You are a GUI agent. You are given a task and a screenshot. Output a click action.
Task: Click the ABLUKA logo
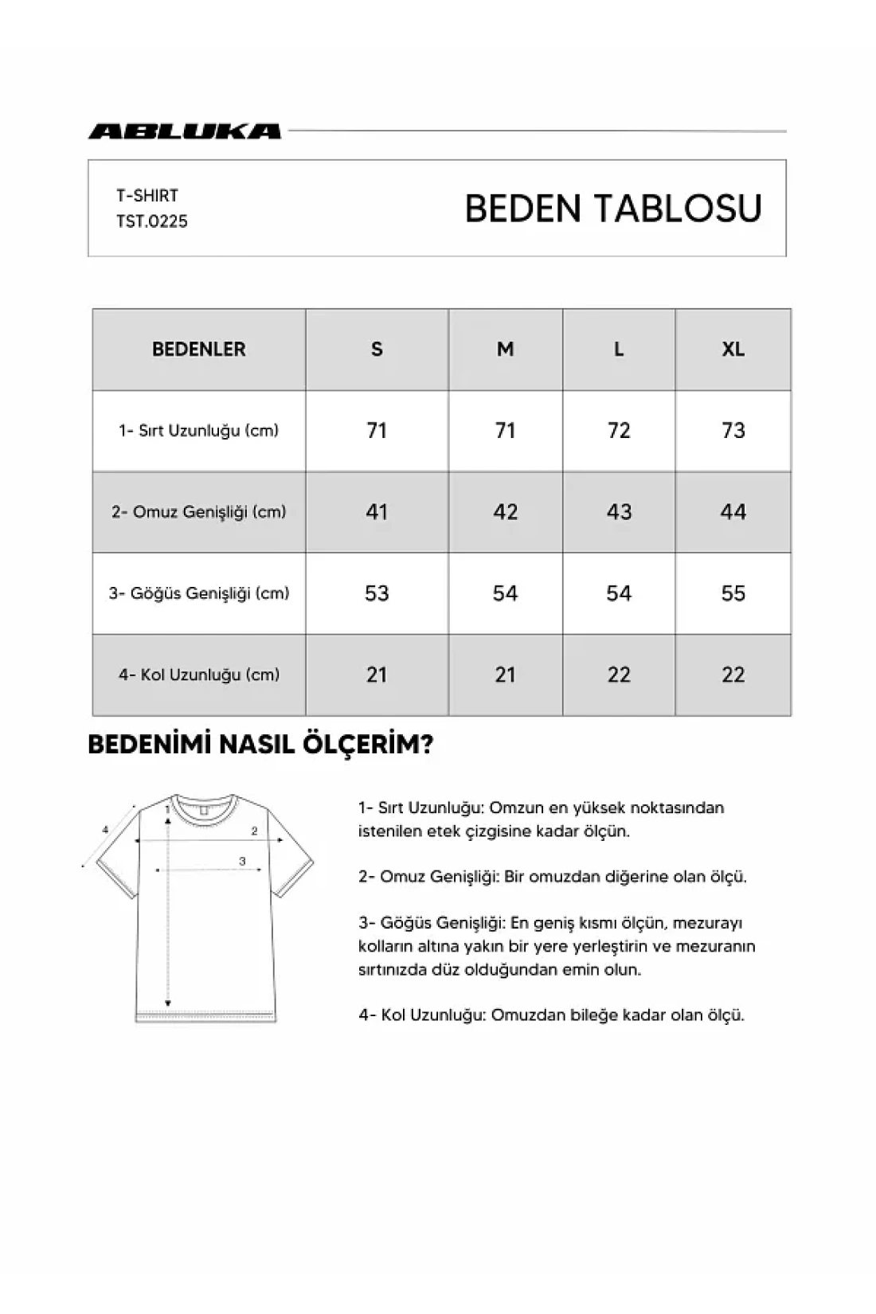click(185, 131)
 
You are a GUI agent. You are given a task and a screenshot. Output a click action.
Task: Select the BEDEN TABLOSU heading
click(613, 209)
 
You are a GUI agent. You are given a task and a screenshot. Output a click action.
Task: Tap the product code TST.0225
click(152, 221)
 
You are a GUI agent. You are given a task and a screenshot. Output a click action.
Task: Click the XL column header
click(733, 349)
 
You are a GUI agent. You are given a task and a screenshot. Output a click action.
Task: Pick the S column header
click(377, 349)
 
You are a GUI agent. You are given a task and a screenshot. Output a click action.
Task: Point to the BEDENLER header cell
click(198, 349)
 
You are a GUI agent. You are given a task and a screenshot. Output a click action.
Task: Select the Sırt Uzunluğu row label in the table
click(198, 431)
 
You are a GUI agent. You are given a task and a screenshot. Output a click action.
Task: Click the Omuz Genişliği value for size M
click(505, 512)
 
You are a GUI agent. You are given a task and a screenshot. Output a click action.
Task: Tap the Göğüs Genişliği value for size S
click(377, 593)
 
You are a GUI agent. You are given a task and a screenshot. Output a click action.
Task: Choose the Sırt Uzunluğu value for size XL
click(733, 431)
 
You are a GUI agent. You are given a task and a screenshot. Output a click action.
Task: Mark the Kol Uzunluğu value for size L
click(619, 675)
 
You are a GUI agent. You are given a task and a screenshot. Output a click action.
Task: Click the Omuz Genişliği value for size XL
click(733, 512)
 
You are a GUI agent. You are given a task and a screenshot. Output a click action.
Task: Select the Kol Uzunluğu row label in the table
click(198, 675)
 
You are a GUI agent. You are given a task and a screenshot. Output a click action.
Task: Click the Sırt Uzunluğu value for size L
click(619, 431)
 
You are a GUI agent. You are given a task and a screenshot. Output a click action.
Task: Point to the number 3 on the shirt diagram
click(242, 861)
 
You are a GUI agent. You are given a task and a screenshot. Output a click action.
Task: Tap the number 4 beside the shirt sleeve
click(105, 830)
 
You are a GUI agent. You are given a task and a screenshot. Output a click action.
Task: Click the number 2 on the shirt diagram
click(254, 831)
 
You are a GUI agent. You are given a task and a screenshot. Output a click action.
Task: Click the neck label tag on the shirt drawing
click(204, 809)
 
